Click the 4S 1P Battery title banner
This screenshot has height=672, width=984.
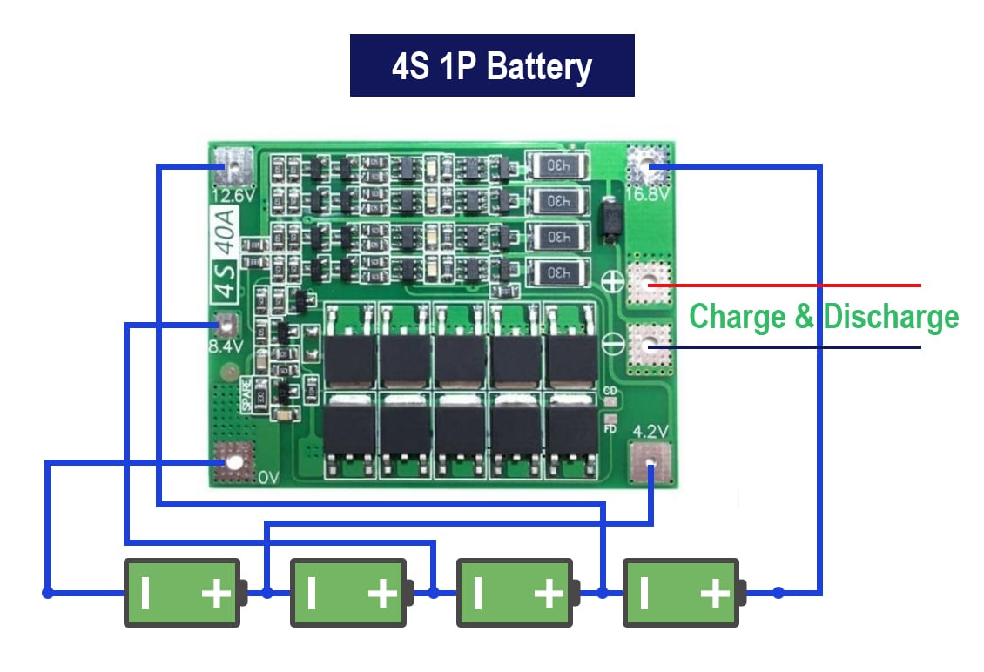tap(491, 65)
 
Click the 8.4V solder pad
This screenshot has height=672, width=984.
tap(226, 326)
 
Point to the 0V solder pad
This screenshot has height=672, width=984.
tap(233, 461)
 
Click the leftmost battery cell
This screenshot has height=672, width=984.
tap(182, 593)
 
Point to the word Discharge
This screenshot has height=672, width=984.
tap(891, 316)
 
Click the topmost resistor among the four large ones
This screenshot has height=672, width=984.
tap(557, 164)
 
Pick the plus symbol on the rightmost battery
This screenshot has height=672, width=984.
tap(715, 594)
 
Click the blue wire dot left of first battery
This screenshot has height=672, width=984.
tap(47, 593)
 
